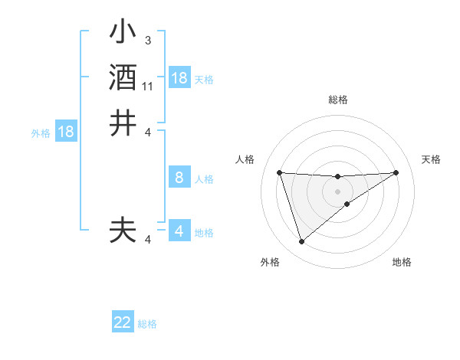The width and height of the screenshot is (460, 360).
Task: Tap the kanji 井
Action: (x=123, y=123)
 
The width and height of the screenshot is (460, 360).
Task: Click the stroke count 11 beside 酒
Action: (x=148, y=86)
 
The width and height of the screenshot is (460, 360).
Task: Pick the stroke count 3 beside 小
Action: (x=147, y=40)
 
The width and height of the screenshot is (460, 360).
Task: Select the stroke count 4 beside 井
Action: (x=148, y=132)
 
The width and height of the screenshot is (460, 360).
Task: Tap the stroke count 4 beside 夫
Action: (x=148, y=240)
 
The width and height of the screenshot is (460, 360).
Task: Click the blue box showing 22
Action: (x=123, y=322)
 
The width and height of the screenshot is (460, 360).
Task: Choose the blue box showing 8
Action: (x=179, y=178)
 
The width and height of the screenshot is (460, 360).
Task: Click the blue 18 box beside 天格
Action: (x=179, y=78)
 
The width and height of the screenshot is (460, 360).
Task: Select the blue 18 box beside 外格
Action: (x=66, y=132)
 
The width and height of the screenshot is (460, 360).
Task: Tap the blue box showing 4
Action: (x=179, y=231)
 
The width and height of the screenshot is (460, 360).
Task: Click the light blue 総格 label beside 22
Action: (x=148, y=324)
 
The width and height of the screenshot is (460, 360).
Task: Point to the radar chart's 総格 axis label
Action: (x=338, y=100)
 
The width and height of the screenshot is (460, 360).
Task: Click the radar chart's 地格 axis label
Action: (x=402, y=262)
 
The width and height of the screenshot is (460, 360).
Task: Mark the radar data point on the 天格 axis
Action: (x=396, y=172)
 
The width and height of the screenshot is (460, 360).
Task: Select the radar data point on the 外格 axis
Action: (x=301, y=242)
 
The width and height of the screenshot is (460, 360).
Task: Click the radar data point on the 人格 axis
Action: (x=280, y=172)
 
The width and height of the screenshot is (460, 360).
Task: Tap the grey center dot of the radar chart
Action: (x=338, y=191)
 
